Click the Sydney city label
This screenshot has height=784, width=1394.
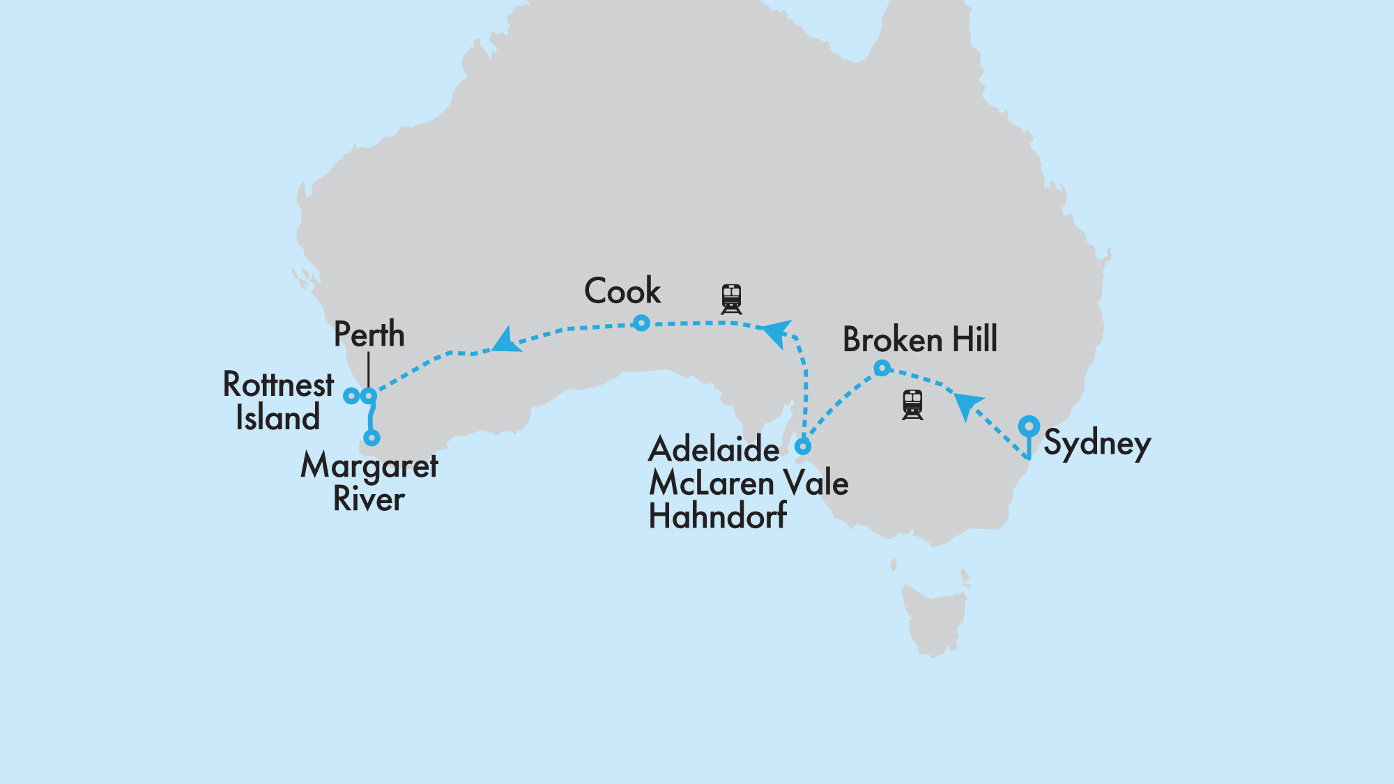tap(1096, 443)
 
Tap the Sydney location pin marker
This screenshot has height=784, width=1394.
tap(1029, 426)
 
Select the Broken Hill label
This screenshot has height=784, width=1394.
tap(919, 339)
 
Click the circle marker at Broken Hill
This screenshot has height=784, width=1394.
tap(882, 367)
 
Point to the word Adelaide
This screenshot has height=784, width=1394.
tap(714, 449)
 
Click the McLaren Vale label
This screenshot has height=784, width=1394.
tap(749, 483)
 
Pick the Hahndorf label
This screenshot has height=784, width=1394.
tap(717, 516)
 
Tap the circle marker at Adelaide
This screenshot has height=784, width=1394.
tap(803, 446)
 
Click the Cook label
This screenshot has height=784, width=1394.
tap(622, 291)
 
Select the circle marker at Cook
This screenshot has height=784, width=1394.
tap(641, 323)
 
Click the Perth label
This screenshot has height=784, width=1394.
tap(369, 334)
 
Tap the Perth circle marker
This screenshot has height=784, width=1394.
tap(369, 396)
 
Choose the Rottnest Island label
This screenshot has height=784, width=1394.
tap(278, 401)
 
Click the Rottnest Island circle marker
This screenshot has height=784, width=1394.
tap(351, 396)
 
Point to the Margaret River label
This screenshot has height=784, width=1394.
tap(369, 482)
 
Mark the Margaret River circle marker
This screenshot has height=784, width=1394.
tap(372, 438)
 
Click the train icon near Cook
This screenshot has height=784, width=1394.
tap(731, 299)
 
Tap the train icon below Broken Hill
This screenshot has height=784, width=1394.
tap(912, 405)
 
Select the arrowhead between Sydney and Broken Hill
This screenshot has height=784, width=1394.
tap(966, 405)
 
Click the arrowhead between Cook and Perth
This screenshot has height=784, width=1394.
tap(506, 341)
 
